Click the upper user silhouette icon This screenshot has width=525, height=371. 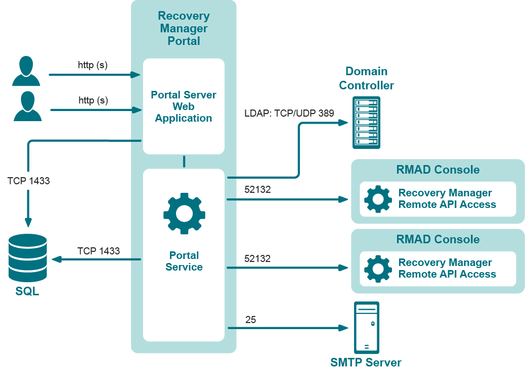pyautogui.click(x=26, y=71)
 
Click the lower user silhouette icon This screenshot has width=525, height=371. pyautogui.click(x=27, y=106)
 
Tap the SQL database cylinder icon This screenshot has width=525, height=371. pyautogui.click(x=28, y=257)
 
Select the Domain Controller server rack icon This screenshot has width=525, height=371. pyautogui.click(x=366, y=123)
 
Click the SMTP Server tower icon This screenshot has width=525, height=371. pyautogui.click(x=367, y=327)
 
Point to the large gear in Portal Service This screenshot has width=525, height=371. pyautogui.click(x=184, y=213)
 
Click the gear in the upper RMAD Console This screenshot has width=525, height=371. pyautogui.click(x=378, y=199)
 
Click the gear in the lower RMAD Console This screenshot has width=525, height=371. pyautogui.click(x=378, y=269)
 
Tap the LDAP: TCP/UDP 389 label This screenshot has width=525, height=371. pyautogui.click(x=289, y=113)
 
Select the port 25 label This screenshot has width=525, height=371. pyautogui.click(x=250, y=320)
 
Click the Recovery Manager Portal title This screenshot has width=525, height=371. pyautogui.click(x=184, y=28)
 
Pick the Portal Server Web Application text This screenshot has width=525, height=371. pyautogui.click(x=184, y=107)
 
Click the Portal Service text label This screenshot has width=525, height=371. pyautogui.click(x=184, y=261)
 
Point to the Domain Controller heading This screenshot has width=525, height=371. pyautogui.click(x=366, y=78)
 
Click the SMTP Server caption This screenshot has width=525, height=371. pyautogui.click(x=366, y=362)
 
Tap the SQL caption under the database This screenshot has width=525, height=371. pyautogui.click(x=27, y=292)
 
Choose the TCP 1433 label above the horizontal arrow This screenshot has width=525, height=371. pyautogui.click(x=99, y=251)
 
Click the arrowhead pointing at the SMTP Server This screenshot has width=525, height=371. pyautogui.click(x=344, y=328)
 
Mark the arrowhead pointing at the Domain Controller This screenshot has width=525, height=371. pyautogui.click(x=344, y=123)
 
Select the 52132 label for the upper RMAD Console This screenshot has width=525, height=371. pyautogui.click(x=257, y=190)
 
